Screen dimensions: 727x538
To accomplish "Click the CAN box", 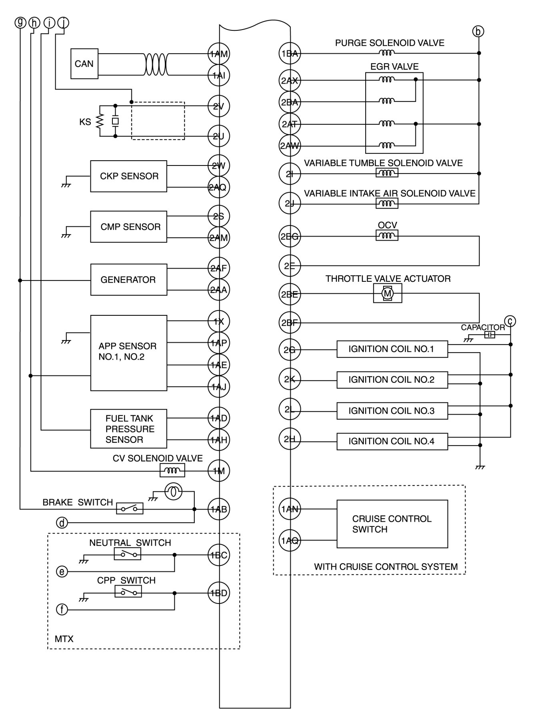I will point(84,64).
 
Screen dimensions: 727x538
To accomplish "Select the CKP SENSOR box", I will point(128,176).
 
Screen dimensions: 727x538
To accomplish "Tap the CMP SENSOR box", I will point(128,227).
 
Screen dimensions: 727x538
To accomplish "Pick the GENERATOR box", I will point(128,280).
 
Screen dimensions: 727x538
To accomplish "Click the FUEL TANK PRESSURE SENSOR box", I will point(128,429).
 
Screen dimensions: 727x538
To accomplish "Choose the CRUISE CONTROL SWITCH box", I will point(392,524).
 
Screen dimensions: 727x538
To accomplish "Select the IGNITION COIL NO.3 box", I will point(392,411).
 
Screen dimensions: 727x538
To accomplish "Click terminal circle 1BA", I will point(289,53).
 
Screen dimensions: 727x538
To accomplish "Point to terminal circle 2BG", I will point(289,236).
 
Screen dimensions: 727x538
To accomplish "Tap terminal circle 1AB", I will point(219,509).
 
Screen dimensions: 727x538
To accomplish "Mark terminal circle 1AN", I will point(289,509).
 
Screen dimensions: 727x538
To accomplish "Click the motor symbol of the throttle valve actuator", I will point(387,294).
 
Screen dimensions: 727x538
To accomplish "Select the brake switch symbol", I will point(130,508).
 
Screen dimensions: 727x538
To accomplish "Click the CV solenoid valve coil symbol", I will point(172,471).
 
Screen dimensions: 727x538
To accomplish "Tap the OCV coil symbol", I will point(387,236).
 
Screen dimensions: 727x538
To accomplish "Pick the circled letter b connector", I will point(478,31).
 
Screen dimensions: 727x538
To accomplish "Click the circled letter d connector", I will point(62,523).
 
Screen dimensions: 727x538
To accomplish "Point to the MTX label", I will point(64,639).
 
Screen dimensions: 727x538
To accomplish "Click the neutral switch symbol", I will point(128,554).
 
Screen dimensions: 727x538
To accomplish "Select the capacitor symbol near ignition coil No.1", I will point(490,335).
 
